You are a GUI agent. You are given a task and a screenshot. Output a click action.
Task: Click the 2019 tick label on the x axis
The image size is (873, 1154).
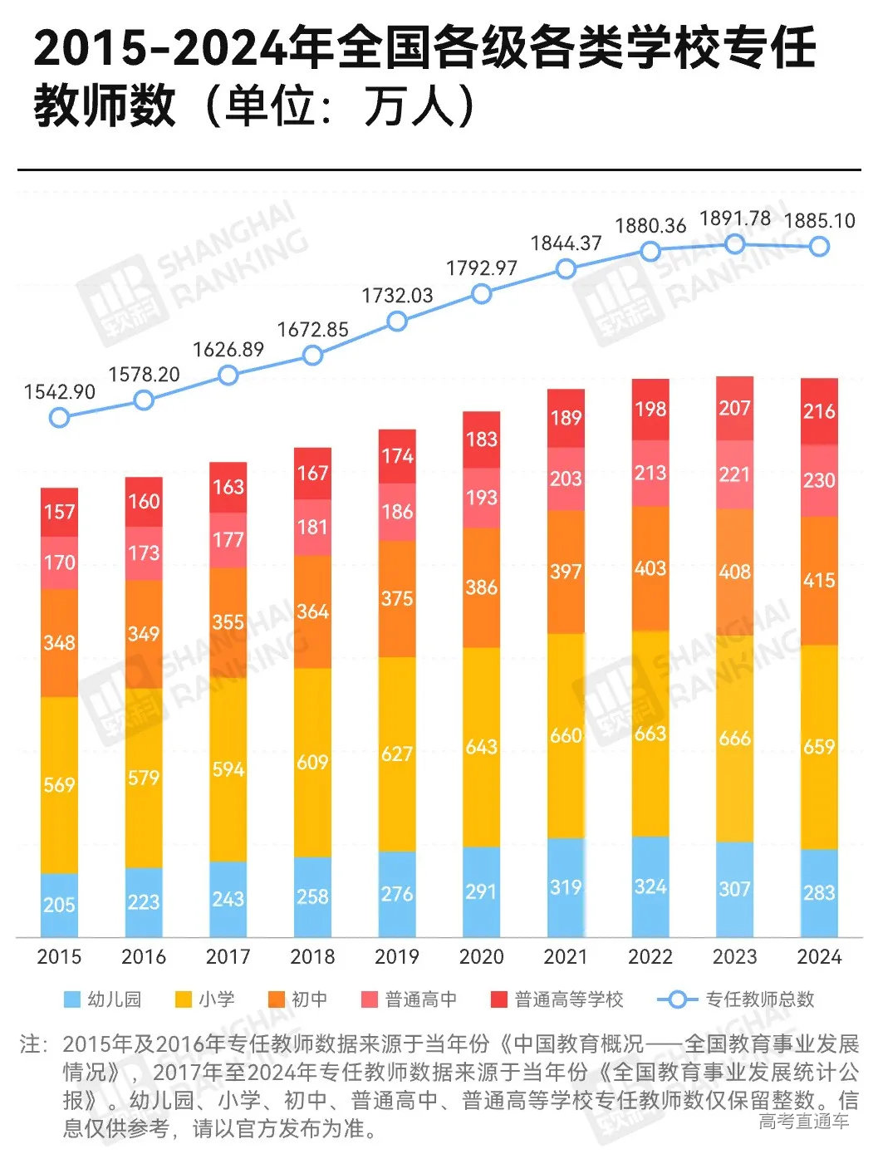pyautogui.click(x=397, y=956)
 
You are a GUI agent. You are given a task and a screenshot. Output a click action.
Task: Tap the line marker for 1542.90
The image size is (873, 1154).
pyautogui.click(x=59, y=416)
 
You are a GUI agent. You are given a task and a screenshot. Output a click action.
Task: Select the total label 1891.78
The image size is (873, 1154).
pyautogui.click(x=735, y=219)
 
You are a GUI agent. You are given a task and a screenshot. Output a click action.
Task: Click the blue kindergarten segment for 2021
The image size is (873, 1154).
pyautogui.click(x=566, y=886)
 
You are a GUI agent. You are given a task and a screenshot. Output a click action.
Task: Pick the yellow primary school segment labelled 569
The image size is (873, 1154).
pyautogui.click(x=59, y=784)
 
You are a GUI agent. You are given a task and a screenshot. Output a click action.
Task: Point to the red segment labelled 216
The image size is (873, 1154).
pyautogui.click(x=819, y=410)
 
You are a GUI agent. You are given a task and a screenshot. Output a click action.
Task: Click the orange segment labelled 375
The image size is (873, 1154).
pyautogui.click(x=397, y=598)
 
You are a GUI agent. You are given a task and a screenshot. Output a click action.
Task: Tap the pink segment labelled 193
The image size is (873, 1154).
pyautogui.click(x=482, y=498)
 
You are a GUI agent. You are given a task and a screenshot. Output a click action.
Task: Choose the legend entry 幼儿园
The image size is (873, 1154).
pyautogui.click(x=103, y=999)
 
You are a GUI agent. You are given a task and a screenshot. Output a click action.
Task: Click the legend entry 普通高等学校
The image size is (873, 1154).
pyautogui.click(x=557, y=999)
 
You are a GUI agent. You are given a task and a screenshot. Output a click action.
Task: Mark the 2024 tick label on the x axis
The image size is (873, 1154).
pyautogui.click(x=819, y=956)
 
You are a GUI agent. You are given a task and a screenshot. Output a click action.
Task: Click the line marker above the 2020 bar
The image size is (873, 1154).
pyautogui.click(x=482, y=293)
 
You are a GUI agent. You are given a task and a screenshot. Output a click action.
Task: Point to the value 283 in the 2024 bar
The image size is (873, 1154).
pyautogui.click(x=819, y=892)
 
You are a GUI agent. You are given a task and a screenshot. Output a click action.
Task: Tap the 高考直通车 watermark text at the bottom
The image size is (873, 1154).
pyautogui.click(x=803, y=1122)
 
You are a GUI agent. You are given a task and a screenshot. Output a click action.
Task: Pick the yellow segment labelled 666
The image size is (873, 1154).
pyautogui.click(x=735, y=738)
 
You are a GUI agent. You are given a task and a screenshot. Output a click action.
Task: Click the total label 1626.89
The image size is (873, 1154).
pyautogui.click(x=228, y=350)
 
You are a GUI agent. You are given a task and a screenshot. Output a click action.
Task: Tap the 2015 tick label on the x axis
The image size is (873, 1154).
pyautogui.click(x=59, y=956)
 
